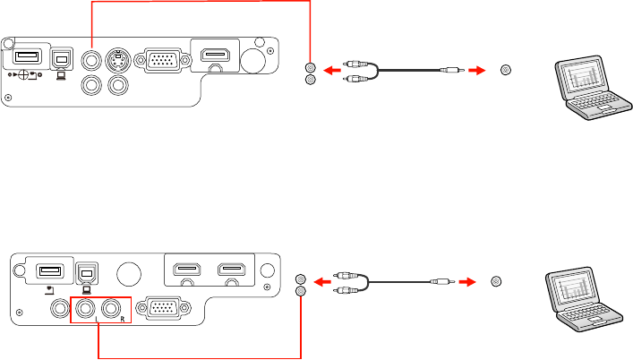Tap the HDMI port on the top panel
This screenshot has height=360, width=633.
tap(213, 57)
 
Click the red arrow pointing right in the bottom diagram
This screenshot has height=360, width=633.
tap(466, 281)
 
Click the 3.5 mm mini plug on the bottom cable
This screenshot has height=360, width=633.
tap(441, 281)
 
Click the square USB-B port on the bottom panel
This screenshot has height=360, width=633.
tap(85, 269)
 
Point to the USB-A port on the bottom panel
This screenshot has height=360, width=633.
tap(49, 269)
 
